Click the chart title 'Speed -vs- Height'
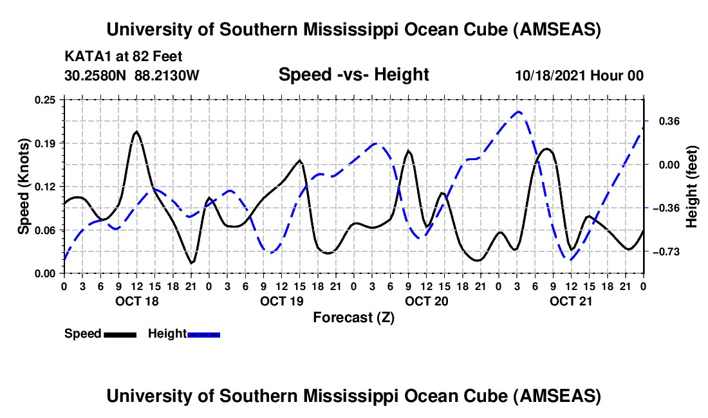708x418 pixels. (353, 75)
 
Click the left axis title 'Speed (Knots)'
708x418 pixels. (24, 186)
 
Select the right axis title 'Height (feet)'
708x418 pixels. (692, 186)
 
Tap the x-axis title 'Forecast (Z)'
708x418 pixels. (353, 317)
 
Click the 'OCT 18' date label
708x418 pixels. (136, 301)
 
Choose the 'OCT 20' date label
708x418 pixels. (426, 301)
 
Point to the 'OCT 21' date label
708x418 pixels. (571, 301)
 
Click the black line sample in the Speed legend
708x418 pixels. (120, 334)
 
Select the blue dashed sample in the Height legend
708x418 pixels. (204, 334)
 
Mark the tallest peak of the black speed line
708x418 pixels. (136, 131)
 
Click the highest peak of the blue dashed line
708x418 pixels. (519, 112)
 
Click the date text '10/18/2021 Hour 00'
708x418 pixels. (579, 76)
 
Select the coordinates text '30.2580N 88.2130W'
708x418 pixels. (132, 76)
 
